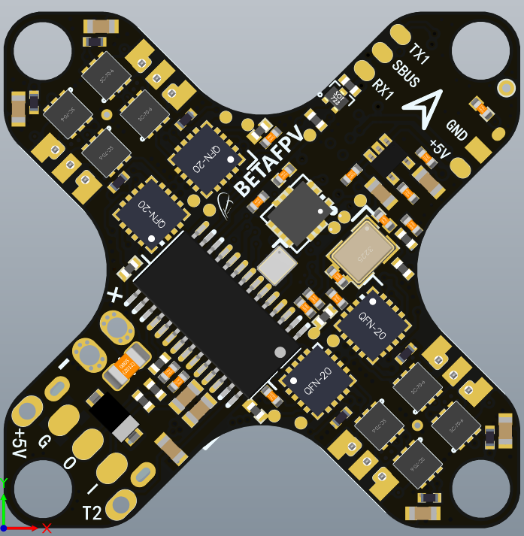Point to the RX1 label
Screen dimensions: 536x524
383,90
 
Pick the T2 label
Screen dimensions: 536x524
92,513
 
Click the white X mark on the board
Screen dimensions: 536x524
114,295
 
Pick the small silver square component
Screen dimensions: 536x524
277,264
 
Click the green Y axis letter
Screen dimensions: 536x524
5,482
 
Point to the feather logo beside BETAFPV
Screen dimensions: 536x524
226,202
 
